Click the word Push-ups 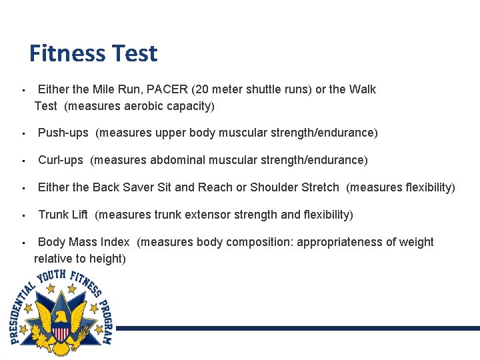point(63,133)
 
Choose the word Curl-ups point(61,160)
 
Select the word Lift point(80,215)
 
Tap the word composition point(259,242)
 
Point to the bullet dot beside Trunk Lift point(23,215)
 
